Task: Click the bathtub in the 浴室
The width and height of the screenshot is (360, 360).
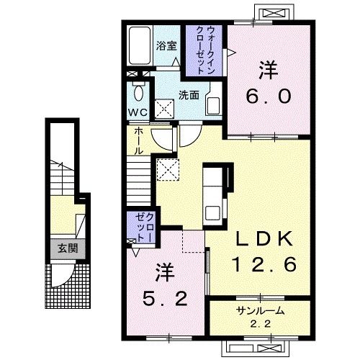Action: [x=140, y=45]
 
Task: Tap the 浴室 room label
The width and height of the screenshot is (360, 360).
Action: [x=166, y=45]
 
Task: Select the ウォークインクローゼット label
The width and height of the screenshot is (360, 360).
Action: [x=205, y=50]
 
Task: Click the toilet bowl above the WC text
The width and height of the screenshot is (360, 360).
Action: [x=139, y=92]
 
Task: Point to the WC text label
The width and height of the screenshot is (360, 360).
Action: [x=138, y=112]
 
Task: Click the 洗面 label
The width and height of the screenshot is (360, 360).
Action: [x=189, y=95]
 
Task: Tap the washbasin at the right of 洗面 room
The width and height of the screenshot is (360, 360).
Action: [x=213, y=106]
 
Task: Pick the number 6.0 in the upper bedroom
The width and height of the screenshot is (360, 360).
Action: [x=269, y=96]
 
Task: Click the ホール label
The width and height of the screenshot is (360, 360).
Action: [x=138, y=141]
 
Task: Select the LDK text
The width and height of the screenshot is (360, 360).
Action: [x=264, y=238]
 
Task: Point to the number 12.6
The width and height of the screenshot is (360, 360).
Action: [x=264, y=264]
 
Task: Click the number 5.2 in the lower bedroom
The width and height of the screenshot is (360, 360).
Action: [x=165, y=298]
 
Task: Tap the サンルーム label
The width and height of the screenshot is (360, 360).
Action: [x=260, y=311]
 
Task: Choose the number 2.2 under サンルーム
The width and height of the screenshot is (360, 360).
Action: [x=260, y=324]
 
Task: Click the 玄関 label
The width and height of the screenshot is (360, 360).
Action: [x=68, y=248]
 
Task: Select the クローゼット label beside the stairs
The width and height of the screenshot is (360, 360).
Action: [x=143, y=227]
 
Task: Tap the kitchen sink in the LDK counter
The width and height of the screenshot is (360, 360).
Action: [x=212, y=213]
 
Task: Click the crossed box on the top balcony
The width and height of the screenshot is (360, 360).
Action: [x=274, y=12]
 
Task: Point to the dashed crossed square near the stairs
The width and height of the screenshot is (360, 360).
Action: [x=168, y=169]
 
